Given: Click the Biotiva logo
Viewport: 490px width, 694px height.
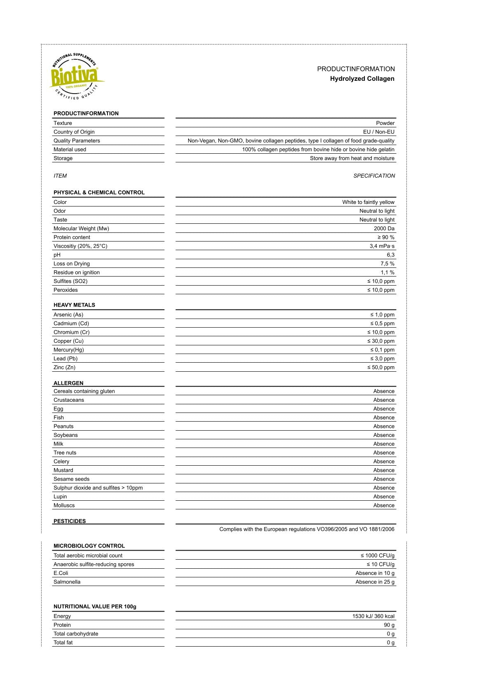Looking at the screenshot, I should click(76, 77).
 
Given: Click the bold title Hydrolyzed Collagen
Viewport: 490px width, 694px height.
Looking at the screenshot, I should click(362, 79).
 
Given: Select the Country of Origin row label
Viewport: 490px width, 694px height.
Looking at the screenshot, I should click(74, 132).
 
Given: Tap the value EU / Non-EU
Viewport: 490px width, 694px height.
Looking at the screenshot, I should click(378, 132).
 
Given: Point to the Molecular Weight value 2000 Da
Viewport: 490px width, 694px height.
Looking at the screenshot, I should click(384, 228).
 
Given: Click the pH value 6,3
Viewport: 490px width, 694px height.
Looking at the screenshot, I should click(390, 255).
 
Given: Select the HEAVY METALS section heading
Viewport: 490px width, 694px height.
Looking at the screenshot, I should click(74, 305).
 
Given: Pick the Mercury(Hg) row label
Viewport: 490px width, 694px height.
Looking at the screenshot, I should click(69, 350).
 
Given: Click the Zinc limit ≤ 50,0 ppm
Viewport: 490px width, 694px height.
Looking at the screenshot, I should click(380, 367).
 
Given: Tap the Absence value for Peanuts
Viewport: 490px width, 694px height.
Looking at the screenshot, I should click(384, 426).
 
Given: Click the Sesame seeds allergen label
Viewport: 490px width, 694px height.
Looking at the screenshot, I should click(71, 479).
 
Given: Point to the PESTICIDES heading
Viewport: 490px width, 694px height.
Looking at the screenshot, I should click(70, 521).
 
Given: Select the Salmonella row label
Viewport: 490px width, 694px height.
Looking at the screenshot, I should click(67, 582).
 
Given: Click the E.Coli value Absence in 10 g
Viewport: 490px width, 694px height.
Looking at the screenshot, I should click(375, 573).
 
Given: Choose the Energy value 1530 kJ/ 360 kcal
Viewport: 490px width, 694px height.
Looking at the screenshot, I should click(373, 616).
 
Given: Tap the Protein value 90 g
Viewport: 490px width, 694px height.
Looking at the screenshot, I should click(389, 625).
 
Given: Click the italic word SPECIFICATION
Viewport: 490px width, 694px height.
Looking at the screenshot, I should click(374, 176).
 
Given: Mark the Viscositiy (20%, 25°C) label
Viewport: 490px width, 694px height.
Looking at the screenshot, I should click(80, 246).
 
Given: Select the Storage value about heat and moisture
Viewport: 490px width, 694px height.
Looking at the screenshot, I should click(352, 158).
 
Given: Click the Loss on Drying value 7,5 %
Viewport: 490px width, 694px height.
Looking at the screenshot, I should click(387, 264).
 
